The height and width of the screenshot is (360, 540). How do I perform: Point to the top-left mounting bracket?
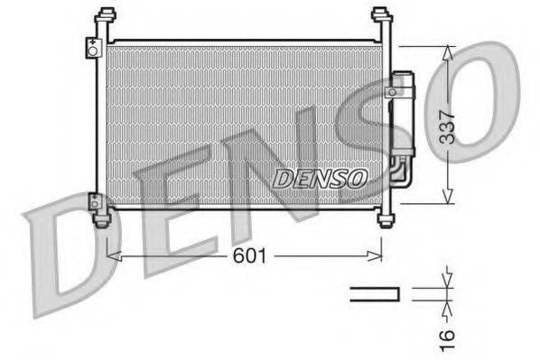(x=106, y=19)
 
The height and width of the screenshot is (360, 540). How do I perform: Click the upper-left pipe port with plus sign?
(x=92, y=48)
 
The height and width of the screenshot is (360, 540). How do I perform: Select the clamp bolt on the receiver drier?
(x=394, y=90)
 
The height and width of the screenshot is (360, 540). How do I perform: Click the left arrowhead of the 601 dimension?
(x=111, y=256)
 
